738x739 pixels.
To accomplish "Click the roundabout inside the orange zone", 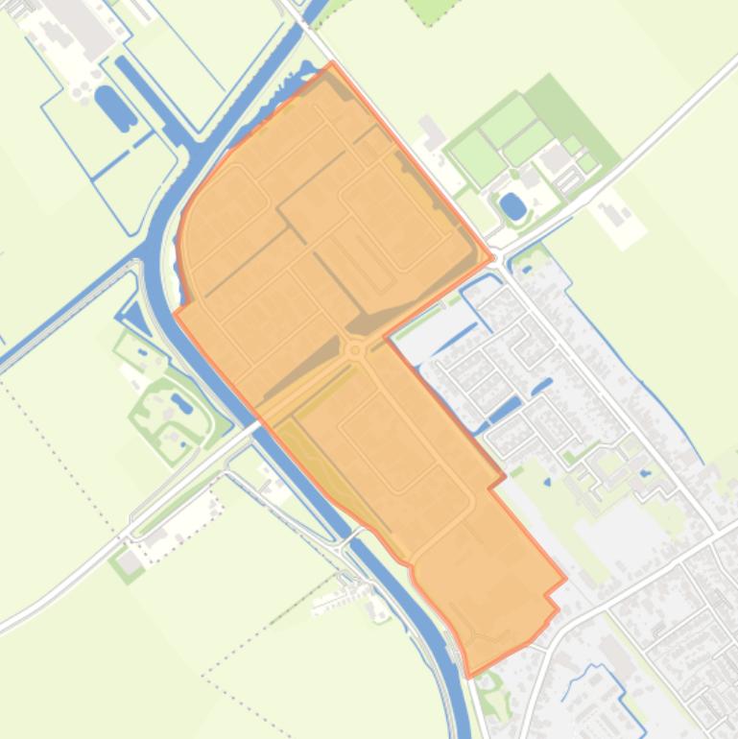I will click(x=356, y=351).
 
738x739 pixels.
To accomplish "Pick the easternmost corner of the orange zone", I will click(x=565, y=579).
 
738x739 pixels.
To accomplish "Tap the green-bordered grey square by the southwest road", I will click(x=127, y=562).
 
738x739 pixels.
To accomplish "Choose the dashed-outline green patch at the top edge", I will click(x=438, y=10).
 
